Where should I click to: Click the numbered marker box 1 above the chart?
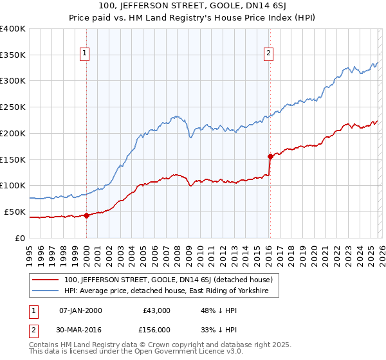coord(85,53)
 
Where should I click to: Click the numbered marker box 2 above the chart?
coord(268,53)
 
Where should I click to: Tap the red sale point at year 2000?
coord(86,215)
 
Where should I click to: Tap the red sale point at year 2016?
coord(270,156)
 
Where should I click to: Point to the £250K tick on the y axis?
coord(13,107)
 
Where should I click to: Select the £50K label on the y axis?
coord(14,212)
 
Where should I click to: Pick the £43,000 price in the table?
coord(156,310)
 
